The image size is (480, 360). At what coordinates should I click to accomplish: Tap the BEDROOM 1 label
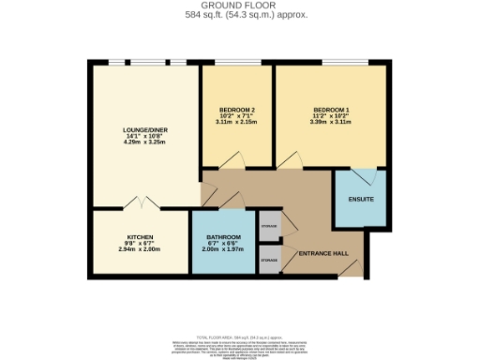click(329, 110)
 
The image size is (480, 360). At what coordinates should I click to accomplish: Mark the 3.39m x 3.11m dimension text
click(329, 122)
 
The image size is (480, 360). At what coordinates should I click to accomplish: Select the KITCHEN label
click(140, 236)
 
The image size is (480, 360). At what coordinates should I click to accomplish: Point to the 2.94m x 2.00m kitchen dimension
click(140, 249)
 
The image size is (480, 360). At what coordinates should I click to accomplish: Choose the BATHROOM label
click(224, 236)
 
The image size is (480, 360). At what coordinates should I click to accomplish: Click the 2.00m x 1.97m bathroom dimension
click(224, 249)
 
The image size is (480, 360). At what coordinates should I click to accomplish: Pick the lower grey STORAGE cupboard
click(269, 258)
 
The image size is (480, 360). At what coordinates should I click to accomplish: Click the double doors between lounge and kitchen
click(137, 203)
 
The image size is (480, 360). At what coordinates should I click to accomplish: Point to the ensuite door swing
click(371, 175)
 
